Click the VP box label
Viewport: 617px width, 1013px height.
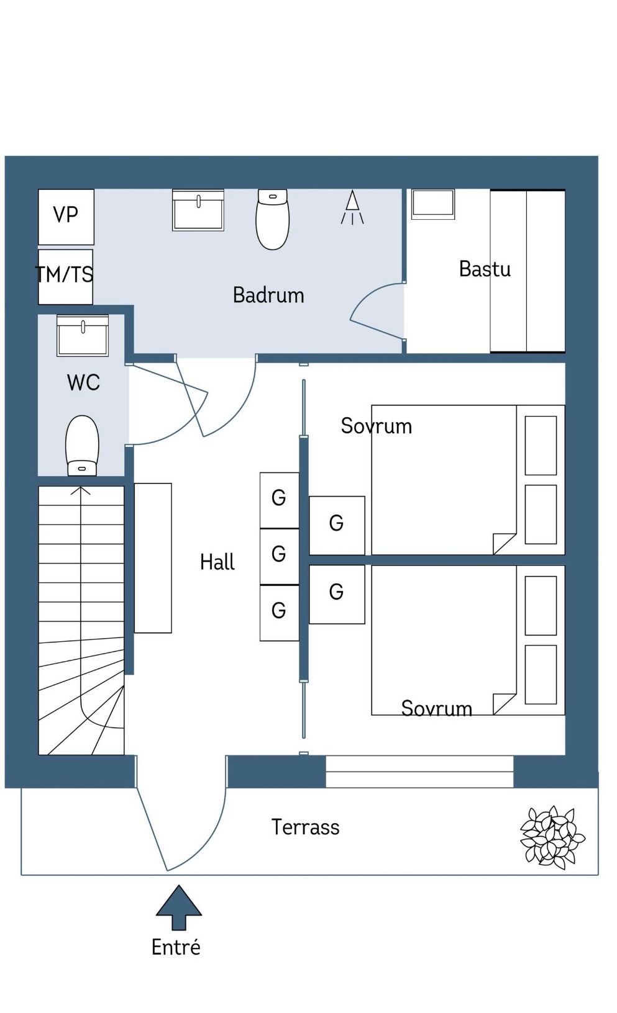[66, 215]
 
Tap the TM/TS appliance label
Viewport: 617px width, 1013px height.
[64, 274]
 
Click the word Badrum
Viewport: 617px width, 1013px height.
[268, 295]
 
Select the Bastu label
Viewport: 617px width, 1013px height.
[485, 269]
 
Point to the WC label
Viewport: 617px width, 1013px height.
[83, 382]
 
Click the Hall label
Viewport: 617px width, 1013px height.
[217, 562]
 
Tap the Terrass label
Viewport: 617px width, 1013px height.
[306, 827]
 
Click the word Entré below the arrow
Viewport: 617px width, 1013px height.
[176, 947]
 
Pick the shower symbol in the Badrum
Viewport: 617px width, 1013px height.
[352, 207]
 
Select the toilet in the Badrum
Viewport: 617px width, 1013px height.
[273, 219]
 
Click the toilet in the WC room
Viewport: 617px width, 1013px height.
[82, 446]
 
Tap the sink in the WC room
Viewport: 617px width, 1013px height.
[83, 336]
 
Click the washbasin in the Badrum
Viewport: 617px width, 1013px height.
[198, 210]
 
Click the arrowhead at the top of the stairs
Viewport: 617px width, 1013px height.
[81, 490]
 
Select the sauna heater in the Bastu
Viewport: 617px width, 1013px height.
[432, 204]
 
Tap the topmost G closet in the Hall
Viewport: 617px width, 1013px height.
[280, 500]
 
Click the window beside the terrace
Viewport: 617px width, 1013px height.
[419, 772]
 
